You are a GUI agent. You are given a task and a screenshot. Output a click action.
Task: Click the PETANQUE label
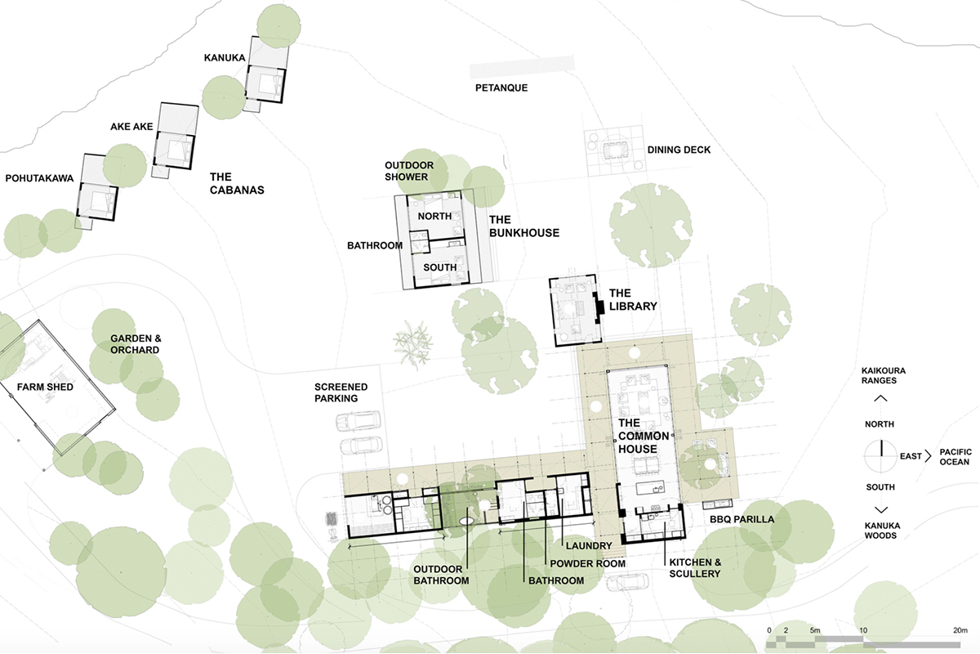pos(501,87)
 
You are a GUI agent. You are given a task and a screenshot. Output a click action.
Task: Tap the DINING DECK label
pos(679,150)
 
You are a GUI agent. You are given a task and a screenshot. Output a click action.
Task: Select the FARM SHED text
pos(45,387)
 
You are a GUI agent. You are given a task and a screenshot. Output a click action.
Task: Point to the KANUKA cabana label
pos(225,57)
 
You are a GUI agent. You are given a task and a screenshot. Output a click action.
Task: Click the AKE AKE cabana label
pos(131,127)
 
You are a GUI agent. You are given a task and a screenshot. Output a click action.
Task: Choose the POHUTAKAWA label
pos(39,178)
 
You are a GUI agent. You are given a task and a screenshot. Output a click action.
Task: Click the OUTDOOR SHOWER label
pos(409,171)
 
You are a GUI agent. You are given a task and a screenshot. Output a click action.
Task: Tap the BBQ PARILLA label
pos(742,519)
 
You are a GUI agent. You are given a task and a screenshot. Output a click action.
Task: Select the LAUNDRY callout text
pos(589,546)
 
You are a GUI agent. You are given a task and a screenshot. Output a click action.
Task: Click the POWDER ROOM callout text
pos(587,564)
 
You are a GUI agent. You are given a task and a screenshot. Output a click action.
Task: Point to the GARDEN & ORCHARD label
pos(136,344)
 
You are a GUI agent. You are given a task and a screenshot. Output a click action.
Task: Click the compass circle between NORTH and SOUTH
pos(880,456)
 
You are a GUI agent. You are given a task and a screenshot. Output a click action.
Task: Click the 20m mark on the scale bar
pos(960,630)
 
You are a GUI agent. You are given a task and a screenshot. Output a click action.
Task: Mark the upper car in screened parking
pos(359,421)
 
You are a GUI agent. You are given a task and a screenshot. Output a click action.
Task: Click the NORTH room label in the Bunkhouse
pos(434,216)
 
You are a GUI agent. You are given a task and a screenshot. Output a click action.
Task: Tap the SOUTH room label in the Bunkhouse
pos(440,267)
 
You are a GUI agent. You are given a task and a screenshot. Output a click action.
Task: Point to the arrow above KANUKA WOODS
pos(880,510)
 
